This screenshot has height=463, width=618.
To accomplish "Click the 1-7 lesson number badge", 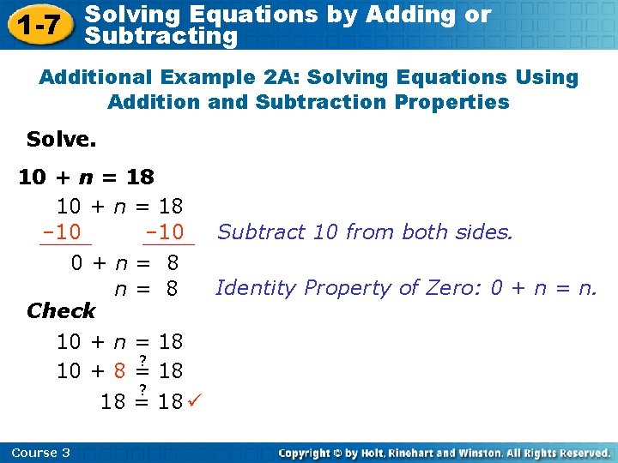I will coord(39,25).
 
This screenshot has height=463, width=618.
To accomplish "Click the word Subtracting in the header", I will coord(162,36).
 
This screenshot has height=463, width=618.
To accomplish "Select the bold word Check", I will coord(61,310).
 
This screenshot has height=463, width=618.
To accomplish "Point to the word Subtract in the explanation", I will coord(256,231).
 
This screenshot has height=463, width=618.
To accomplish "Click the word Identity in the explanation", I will coord(250,288).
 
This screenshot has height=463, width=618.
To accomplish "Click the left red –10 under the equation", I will coord(61,232).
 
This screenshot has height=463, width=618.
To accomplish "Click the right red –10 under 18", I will coord(167,232).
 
